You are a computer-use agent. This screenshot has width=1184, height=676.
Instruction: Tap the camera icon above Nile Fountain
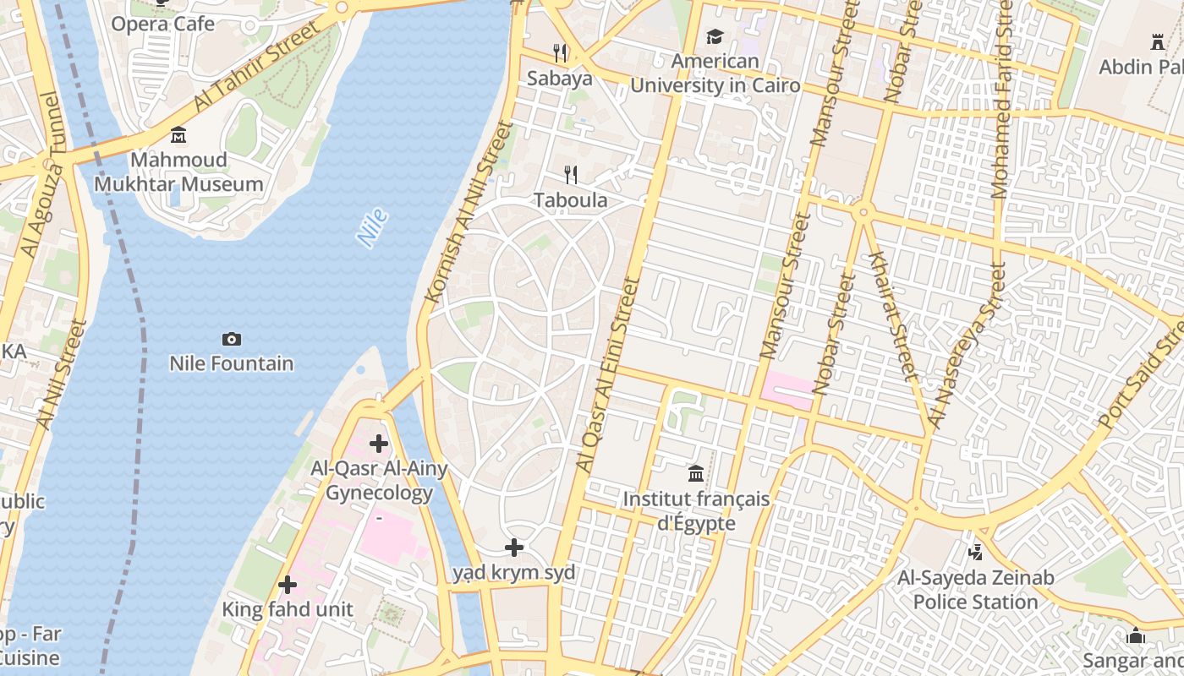231,340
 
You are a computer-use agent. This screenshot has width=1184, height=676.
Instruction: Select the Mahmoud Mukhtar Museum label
178,172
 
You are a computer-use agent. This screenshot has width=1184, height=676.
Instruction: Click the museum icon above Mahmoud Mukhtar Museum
178,135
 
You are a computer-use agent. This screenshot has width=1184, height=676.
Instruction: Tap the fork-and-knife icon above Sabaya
560,53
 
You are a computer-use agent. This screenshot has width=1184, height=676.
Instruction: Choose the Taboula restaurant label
570,200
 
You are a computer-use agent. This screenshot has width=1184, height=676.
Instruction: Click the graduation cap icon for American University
715,37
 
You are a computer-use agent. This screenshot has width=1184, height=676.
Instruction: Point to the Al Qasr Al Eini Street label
606,373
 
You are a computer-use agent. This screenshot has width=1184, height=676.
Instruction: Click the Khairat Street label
893,315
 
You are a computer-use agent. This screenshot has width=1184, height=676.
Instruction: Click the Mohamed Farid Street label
1002,99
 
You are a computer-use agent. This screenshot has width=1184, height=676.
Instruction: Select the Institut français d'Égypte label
696,510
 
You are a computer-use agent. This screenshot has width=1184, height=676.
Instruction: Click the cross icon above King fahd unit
288,584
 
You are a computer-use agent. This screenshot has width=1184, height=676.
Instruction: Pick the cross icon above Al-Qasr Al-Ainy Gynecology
379,444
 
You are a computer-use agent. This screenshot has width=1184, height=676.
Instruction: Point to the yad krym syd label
514,573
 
